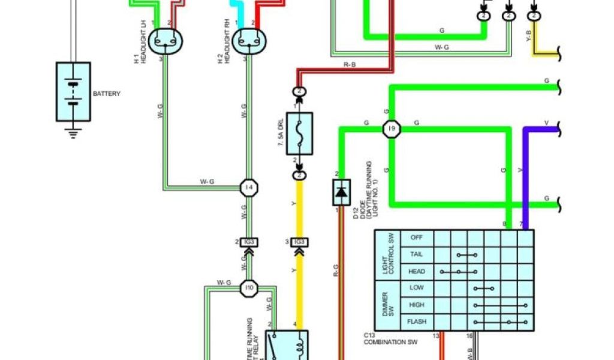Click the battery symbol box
(73, 92)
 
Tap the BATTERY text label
(107, 94)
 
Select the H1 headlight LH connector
(165, 41)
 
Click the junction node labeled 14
(248, 188)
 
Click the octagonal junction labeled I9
(391, 128)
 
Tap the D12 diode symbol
(341, 192)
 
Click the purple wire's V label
(546, 123)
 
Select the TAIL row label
(416, 254)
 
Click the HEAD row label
(416, 271)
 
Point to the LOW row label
(416, 288)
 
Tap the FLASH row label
(416, 322)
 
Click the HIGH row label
(416, 305)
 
